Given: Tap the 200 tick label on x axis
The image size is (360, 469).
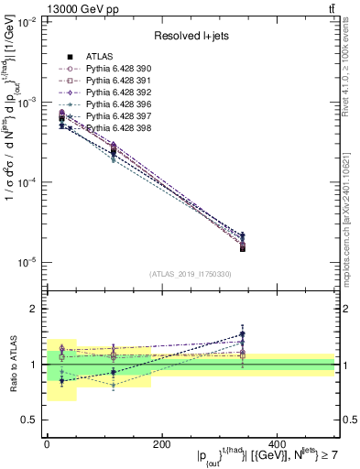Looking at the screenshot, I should pyautogui.click(x=162, y=445).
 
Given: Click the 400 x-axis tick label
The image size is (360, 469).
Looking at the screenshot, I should pyautogui.click(x=278, y=445).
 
